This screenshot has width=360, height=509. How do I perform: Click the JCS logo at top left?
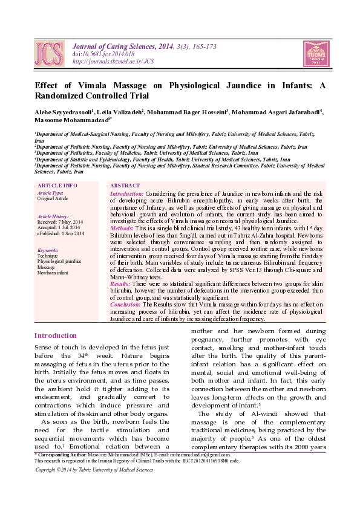tap(48, 53)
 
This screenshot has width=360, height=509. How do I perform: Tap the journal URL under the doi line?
tap(113, 61)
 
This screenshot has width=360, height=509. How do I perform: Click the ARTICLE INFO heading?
tap(57, 186)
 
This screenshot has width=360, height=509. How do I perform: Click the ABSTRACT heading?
tap(125, 186)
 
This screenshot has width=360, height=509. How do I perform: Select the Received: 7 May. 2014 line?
tap(60, 222)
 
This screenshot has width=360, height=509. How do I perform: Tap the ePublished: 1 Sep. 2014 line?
tap(61, 233)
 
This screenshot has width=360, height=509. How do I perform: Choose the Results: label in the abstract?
tap(121, 284)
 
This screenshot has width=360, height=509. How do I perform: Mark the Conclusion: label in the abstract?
tap(125, 305)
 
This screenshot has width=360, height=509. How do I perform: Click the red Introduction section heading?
tap(56, 336)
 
